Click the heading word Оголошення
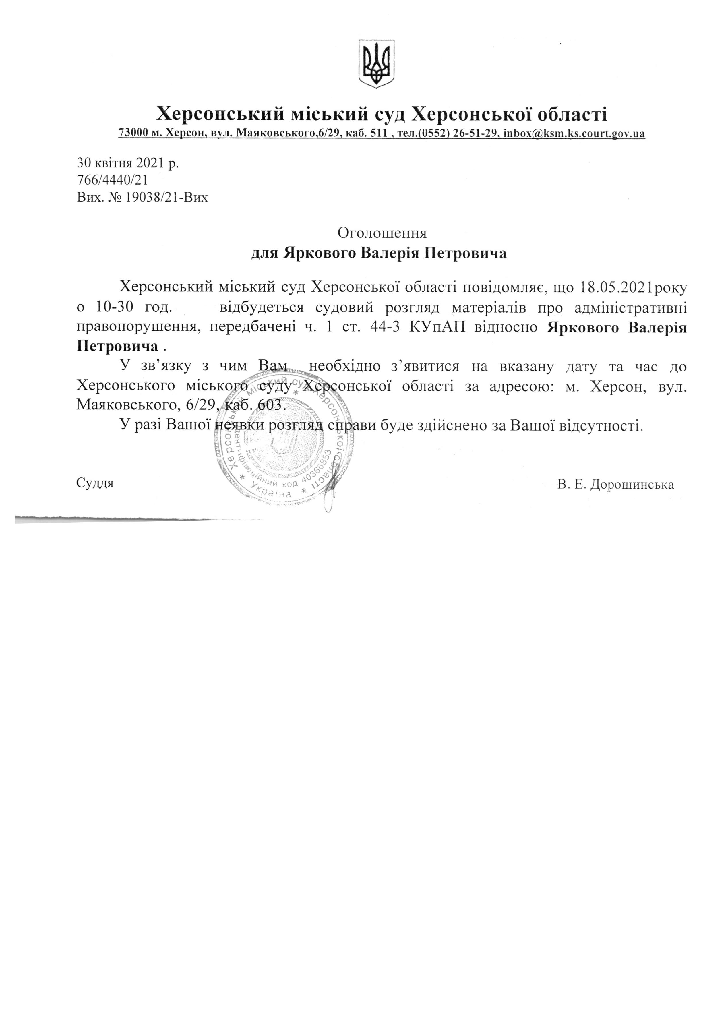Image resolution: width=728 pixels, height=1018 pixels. click(x=382, y=233)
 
